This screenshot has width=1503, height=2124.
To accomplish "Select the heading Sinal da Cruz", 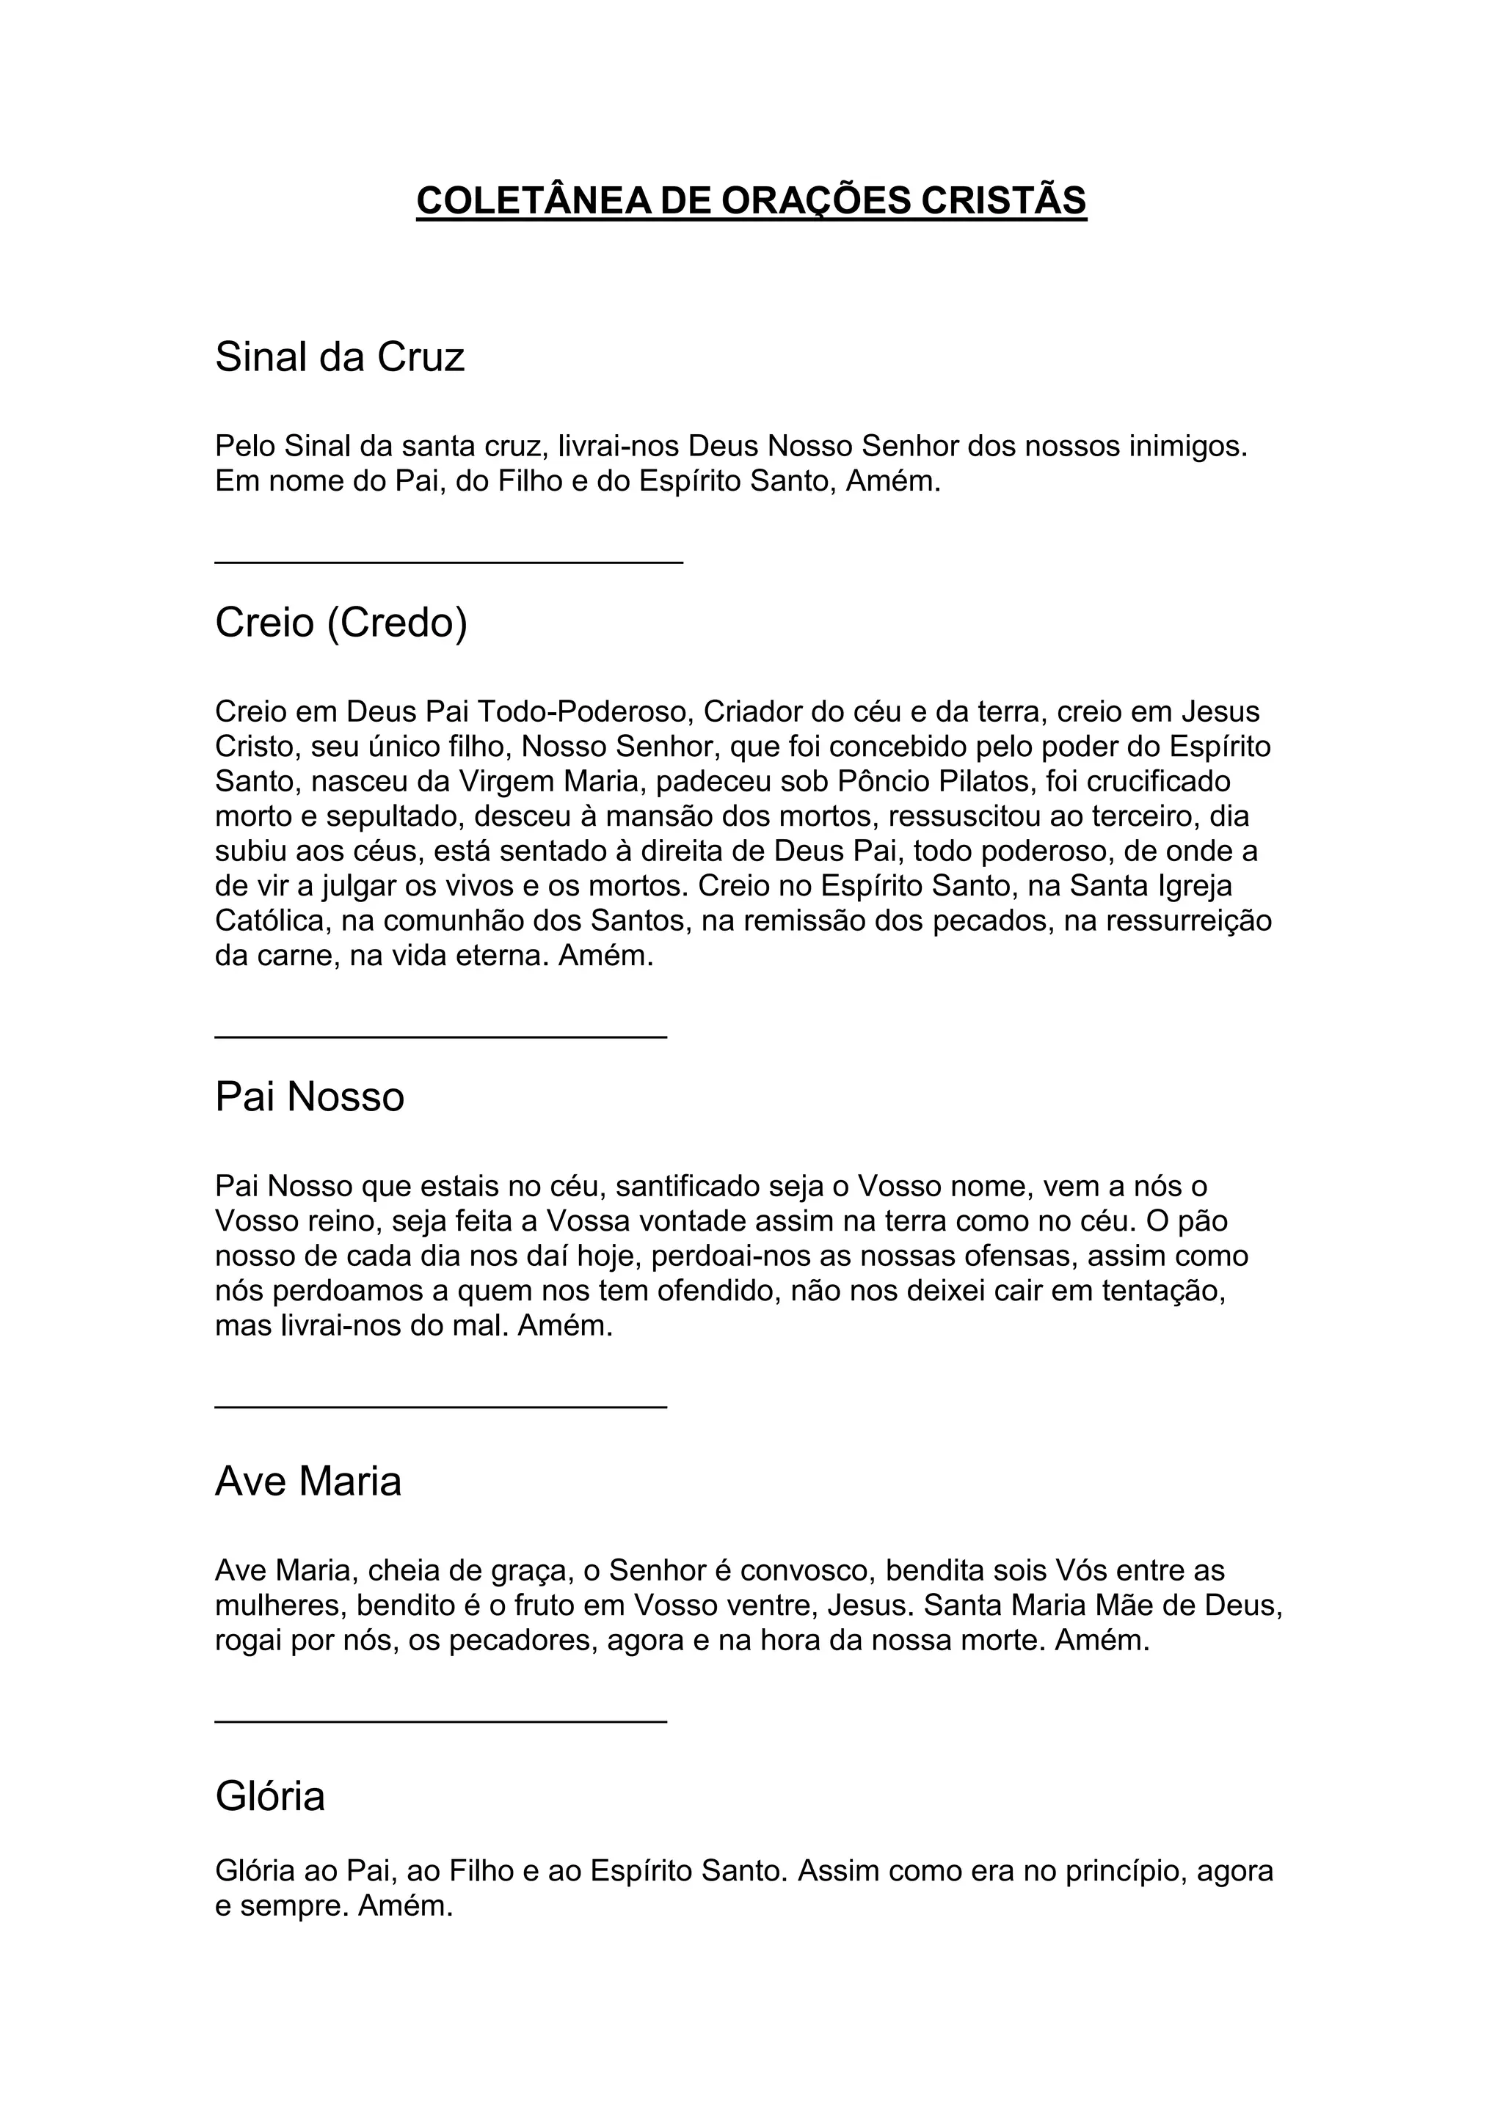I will click(340, 357).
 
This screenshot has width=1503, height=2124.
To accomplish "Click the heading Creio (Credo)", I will click(341, 623).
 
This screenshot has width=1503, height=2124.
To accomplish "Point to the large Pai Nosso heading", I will click(310, 1097).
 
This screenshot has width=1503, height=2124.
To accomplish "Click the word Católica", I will click(270, 921).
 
